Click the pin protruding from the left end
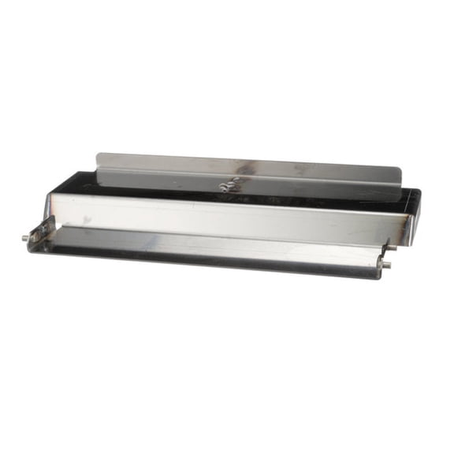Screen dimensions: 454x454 point(25,236)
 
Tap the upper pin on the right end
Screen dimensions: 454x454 point(390,245)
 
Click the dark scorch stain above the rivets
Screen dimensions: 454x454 point(244,168)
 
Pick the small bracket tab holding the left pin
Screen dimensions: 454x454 point(39,236)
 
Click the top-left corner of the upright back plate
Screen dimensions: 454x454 point(98,155)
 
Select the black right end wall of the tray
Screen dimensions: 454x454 point(415,208)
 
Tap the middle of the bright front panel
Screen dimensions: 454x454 point(229,216)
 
